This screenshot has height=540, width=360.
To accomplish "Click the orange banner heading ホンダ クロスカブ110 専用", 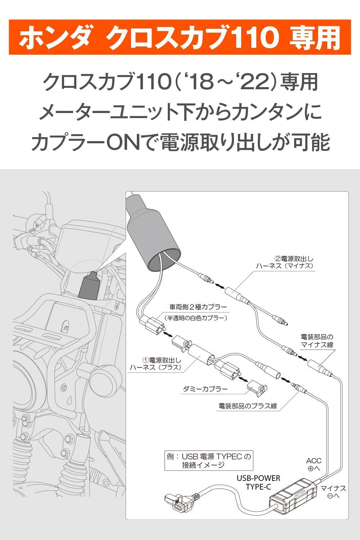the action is pyautogui.click(x=180, y=37).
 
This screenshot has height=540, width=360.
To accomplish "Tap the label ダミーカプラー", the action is pyautogui.click(x=206, y=389).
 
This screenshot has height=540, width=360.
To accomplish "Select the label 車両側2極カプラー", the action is pyautogui.click(x=198, y=307).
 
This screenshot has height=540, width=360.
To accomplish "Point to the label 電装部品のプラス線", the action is pyautogui.click(x=248, y=406).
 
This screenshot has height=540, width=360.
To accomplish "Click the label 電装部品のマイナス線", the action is pyautogui.click(x=317, y=341).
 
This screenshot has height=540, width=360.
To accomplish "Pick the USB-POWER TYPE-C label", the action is pyautogui.click(x=258, y=482).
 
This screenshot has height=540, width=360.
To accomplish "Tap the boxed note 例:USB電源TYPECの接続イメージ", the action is pyautogui.click(x=208, y=460).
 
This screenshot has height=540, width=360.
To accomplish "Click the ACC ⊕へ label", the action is pyautogui.click(x=314, y=464).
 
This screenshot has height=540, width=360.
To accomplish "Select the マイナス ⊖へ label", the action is pyautogui.click(x=333, y=492).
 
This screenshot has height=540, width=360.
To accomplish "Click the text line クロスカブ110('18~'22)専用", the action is pyautogui.click(x=180, y=82).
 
